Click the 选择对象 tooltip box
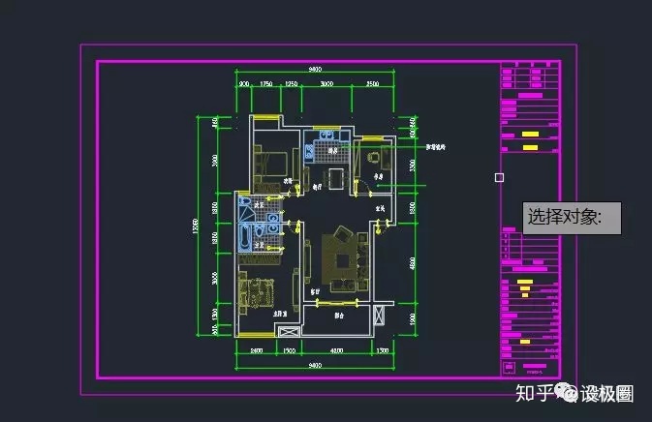pyautogui.click(x=572, y=218)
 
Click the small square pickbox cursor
pyautogui.click(x=499, y=177)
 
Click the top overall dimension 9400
pyautogui.click(x=315, y=70)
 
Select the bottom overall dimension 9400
pyautogui.click(x=315, y=365)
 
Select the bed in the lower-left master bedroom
pyautogui.click(x=256, y=291)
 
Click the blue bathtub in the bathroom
pyautogui.click(x=243, y=238)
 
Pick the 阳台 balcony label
pyautogui.click(x=339, y=315)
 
